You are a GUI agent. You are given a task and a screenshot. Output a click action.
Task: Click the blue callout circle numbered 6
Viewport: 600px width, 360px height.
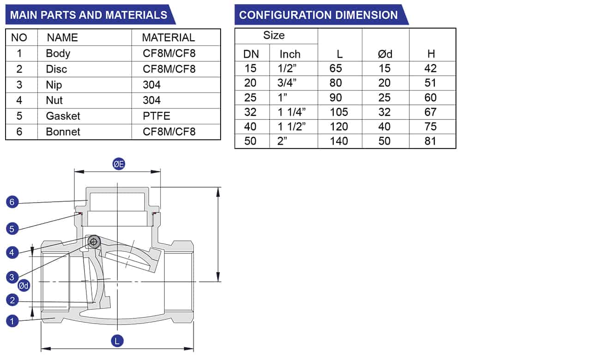(x=12, y=202)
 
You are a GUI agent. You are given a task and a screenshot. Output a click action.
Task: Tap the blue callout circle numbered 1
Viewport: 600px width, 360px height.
(x=12, y=321)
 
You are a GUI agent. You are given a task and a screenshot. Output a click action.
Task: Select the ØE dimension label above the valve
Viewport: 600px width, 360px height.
(x=119, y=164)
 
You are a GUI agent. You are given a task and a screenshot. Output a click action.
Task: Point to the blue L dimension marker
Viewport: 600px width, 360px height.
(x=117, y=341)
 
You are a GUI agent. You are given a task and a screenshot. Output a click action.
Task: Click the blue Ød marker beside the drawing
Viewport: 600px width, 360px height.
(x=24, y=286)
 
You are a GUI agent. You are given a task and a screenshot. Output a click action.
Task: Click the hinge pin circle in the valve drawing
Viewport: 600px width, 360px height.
(x=94, y=242)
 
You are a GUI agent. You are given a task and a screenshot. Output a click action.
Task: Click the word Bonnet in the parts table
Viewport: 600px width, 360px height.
(x=63, y=132)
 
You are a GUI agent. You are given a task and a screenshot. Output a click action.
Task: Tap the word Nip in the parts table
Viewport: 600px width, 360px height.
(x=54, y=85)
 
